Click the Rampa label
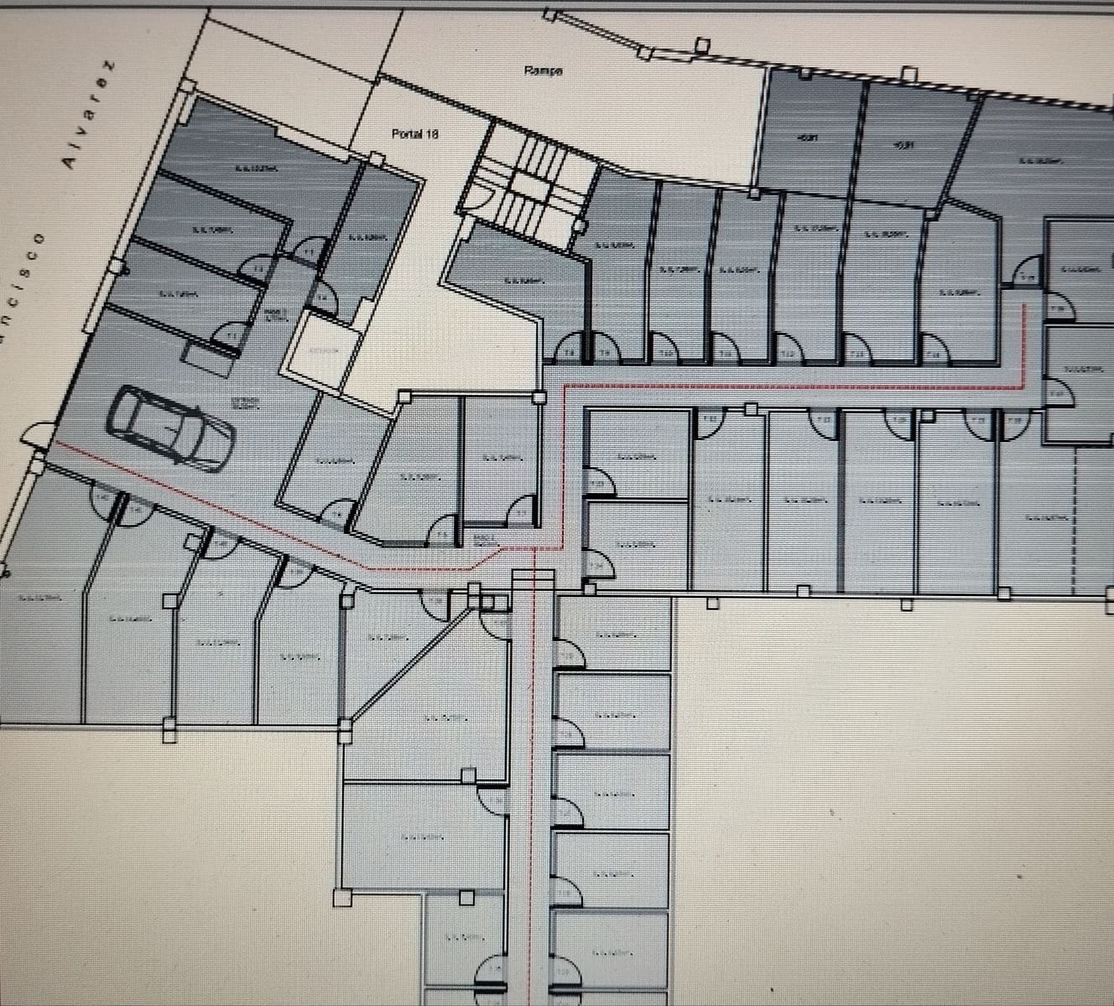(x=543, y=71)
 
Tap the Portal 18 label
(x=415, y=134)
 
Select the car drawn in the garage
(x=171, y=426)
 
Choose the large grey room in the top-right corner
(x=1049, y=159)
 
